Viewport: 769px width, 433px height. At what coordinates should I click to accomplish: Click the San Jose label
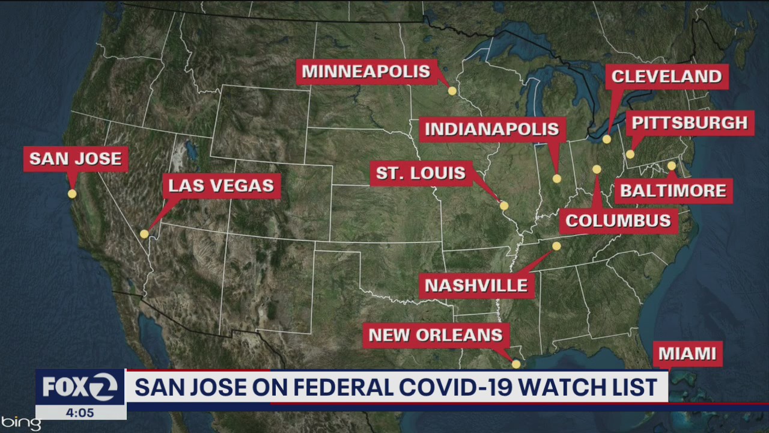pyautogui.click(x=76, y=159)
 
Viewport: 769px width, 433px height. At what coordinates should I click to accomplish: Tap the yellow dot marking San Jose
pyautogui.click(x=72, y=194)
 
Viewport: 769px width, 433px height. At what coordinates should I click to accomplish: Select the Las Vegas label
pyautogui.click(x=221, y=185)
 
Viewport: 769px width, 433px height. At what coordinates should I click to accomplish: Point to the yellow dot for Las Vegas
pyautogui.click(x=144, y=234)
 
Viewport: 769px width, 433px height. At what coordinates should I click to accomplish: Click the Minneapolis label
pyautogui.click(x=366, y=72)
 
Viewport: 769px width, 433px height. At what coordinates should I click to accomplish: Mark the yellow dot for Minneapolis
pyautogui.click(x=452, y=91)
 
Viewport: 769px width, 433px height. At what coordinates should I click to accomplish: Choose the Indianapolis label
pyautogui.click(x=492, y=129)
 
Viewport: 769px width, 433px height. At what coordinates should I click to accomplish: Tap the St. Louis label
pyautogui.click(x=421, y=173)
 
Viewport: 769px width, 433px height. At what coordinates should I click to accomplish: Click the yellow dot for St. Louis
pyautogui.click(x=504, y=206)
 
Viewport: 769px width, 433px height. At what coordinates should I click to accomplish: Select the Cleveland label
pyautogui.click(x=666, y=76)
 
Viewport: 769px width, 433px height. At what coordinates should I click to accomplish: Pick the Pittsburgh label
pyautogui.click(x=690, y=123)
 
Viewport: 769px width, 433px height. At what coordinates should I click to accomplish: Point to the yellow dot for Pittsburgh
pyautogui.click(x=630, y=155)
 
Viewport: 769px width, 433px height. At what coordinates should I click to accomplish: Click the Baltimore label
pyautogui.click(x=673, y=191)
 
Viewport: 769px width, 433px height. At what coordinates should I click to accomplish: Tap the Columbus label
pyautogui.click(x=618, y=221)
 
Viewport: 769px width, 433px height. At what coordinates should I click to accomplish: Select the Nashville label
pyautogui.click(x=476, y=285)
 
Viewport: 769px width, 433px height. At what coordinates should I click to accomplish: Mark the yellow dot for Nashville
pyautogui.click(x=556, y=246)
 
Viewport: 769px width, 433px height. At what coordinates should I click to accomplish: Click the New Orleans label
pyautogui.click(x=436, y=335)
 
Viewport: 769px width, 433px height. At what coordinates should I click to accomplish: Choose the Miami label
pyautogui.click(x=687, y=354)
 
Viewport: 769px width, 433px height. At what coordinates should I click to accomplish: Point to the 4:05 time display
pyautogui.click(x=80, y=413)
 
